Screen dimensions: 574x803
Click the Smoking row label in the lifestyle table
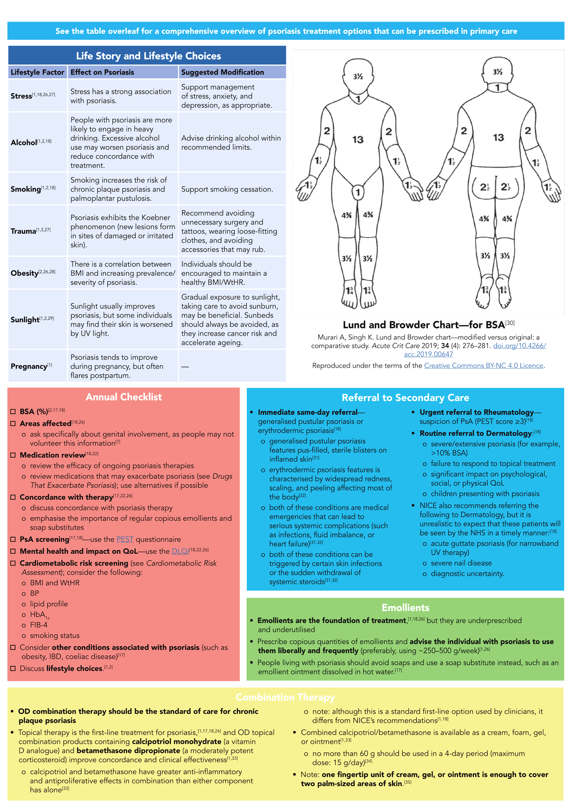26,189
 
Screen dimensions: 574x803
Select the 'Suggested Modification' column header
222,72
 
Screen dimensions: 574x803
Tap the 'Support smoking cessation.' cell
222,189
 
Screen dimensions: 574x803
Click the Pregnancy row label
29,366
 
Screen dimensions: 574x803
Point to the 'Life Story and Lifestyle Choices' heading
148,56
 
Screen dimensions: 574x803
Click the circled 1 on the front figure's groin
357,192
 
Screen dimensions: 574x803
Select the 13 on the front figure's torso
357,140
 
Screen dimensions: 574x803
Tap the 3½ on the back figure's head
498,72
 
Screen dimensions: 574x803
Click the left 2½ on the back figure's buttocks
485,187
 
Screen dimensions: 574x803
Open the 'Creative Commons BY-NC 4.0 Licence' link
484,366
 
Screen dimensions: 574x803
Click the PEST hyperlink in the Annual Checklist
125,540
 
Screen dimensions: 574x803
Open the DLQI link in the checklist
180,551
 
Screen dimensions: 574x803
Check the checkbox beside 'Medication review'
13,455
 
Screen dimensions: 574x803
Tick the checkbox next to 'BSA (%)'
13,411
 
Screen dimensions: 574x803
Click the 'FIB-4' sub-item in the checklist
39,625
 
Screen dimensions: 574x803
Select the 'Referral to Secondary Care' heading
405,398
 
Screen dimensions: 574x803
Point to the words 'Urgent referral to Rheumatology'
477,412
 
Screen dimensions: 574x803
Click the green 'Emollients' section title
405,608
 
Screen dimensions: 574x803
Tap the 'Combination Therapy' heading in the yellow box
285,698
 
